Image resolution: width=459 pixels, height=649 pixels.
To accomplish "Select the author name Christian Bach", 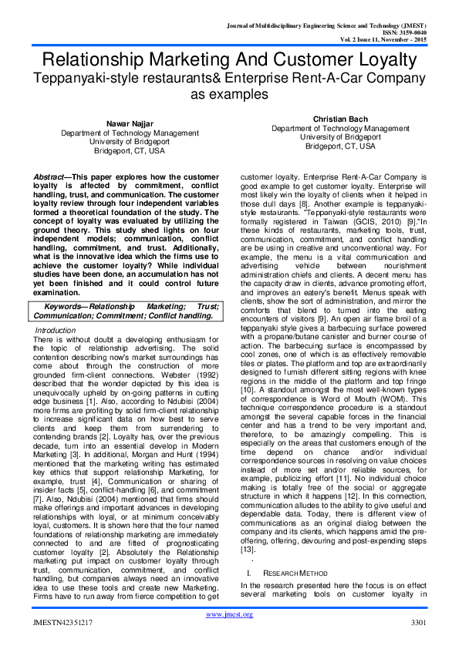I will click(340, 119).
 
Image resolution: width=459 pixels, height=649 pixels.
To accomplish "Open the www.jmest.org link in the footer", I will click(229, 615).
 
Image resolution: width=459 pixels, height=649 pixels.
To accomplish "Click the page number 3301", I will click(417, 622).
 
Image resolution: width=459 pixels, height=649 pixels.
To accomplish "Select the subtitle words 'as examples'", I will click(229, 94).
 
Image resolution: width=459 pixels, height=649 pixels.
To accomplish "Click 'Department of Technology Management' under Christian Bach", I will click(340, 129).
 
